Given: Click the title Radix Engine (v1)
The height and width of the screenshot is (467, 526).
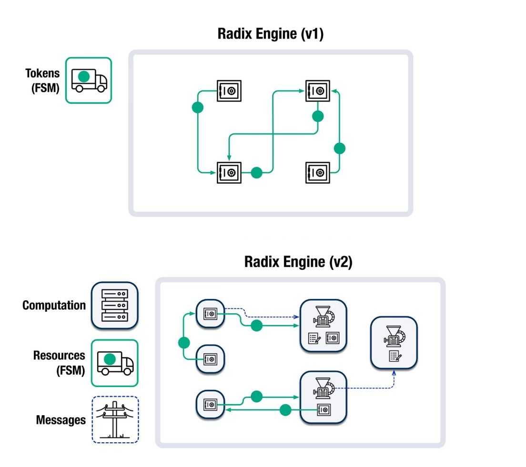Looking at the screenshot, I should [270, 34].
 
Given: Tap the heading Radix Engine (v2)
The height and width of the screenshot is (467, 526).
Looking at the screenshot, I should [298, 262].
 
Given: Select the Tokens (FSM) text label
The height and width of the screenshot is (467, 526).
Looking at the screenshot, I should [43, 80].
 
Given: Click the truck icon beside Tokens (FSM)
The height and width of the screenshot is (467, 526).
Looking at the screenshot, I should [89, 80].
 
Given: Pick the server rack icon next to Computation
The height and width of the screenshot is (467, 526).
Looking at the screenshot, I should [114, 305].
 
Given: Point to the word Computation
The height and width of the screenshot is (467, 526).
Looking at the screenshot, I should [54, 305].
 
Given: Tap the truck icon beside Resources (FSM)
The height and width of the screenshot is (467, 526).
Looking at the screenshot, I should [114, 363].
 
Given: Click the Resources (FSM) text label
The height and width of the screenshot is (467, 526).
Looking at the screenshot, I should [59, 363].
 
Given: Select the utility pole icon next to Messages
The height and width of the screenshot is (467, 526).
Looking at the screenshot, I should [114, 420].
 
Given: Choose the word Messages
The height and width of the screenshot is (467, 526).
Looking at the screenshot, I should [61, 420].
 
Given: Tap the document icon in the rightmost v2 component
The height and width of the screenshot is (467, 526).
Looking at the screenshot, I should [394, 356].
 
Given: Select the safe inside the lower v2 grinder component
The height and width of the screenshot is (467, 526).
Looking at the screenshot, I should [324, 409].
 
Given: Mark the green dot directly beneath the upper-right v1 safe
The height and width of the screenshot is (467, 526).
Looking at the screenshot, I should [318, 116].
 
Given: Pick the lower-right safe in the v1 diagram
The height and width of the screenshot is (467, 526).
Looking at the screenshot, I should [317, 172].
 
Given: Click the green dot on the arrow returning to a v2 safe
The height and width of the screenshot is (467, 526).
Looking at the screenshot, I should [285, 409].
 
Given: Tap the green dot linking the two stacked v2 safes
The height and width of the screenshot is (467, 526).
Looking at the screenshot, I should [184, 342].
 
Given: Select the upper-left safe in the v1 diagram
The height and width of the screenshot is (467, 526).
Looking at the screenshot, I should [229, 90].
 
